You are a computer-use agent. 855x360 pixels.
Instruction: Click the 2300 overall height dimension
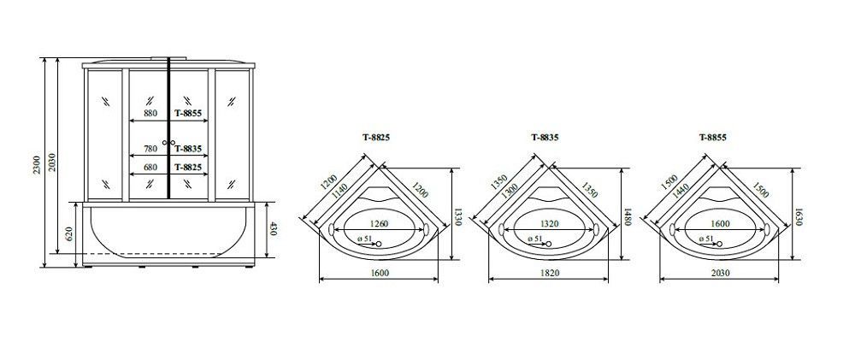(x=37, y=163)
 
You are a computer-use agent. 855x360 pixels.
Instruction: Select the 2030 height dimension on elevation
(x=52, y=162)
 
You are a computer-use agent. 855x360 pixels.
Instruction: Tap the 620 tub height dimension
(x=70, y=234)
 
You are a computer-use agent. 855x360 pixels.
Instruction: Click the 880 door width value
(x=150, y=114)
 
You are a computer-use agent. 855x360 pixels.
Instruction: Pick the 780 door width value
(x=150, y=149)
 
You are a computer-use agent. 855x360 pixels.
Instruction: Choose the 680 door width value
(x=150, y=167)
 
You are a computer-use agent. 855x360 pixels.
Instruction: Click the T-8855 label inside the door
(x=189, y=114)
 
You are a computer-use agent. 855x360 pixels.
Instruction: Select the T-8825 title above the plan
(x=376, y=138)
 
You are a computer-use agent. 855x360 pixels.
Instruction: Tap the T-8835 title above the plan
(x=545, y=138)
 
